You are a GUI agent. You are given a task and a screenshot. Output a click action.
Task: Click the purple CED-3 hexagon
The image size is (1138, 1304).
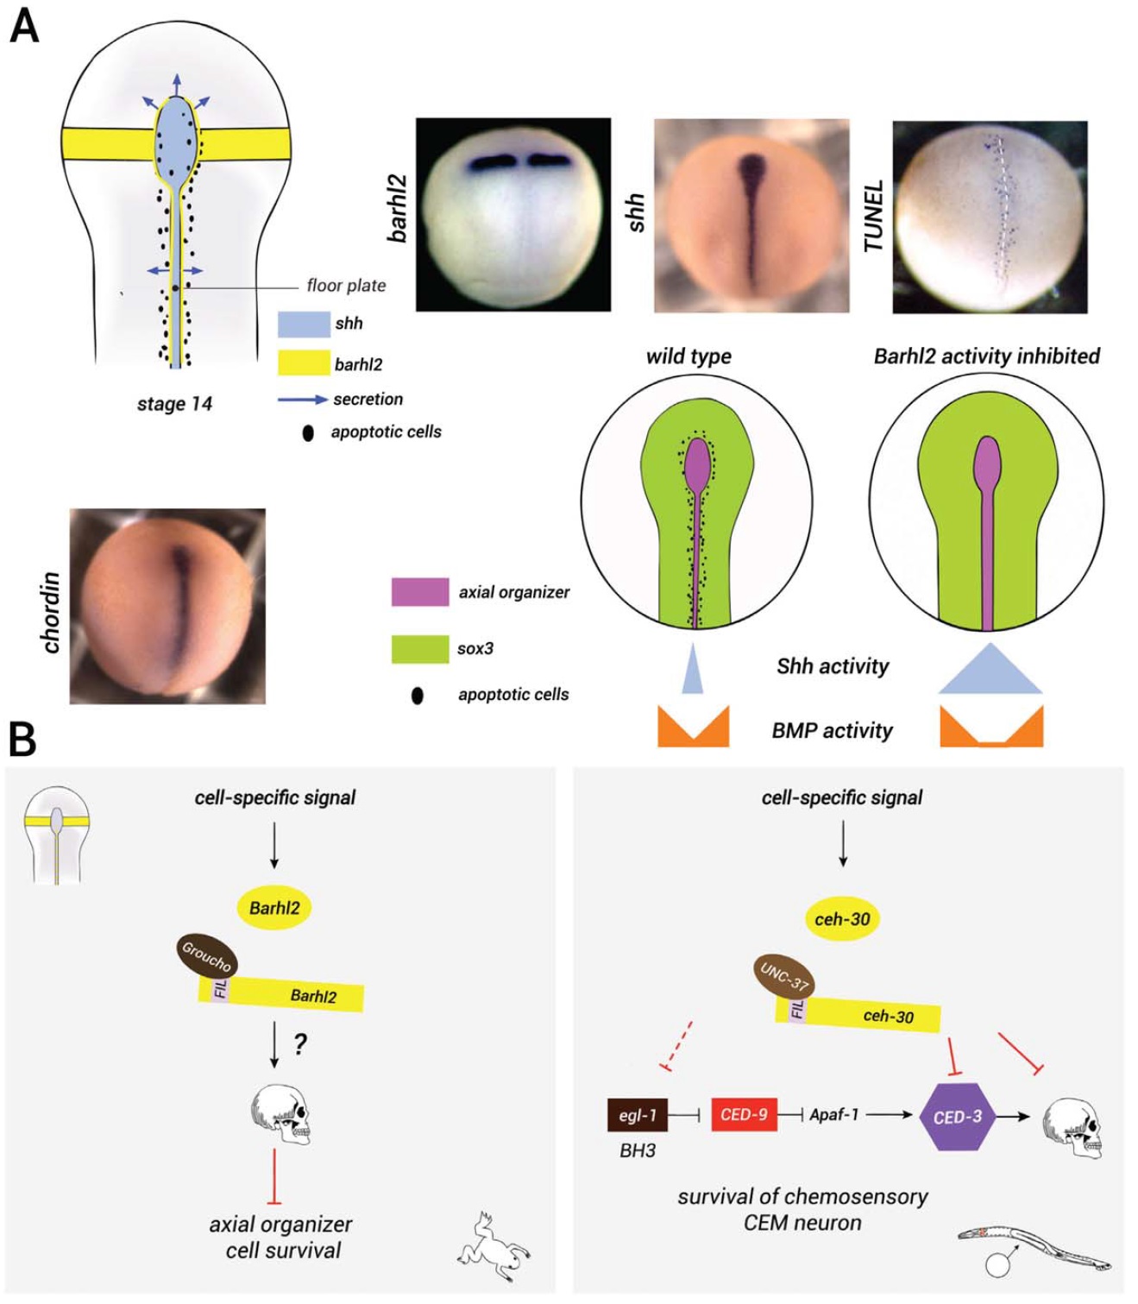[957, 1116]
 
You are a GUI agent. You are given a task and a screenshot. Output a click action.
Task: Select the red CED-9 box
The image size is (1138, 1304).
[744, 1114]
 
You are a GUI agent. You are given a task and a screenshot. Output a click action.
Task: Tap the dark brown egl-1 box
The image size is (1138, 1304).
[638, 1115]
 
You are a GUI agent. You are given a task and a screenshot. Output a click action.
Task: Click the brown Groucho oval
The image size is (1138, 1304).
[207, 956]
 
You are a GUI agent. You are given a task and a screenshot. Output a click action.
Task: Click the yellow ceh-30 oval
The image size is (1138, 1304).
[842, 919]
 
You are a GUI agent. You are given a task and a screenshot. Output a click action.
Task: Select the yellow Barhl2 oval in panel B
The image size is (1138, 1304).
[274, 908]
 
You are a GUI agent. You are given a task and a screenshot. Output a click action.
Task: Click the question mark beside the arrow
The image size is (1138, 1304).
[299, 1044]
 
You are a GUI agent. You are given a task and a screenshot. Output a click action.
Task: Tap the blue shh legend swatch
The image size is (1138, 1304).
[304, 324]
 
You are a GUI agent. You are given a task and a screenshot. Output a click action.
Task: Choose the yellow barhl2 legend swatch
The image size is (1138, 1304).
[304, 363]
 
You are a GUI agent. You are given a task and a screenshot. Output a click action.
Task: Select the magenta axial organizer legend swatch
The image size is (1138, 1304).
[419, 592]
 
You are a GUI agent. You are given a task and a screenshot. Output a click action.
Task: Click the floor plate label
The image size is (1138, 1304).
[346, 286]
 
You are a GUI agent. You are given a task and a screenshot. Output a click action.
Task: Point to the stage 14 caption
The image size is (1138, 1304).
[174, 404]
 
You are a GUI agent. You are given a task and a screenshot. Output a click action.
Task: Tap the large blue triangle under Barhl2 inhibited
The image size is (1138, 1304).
[990, 671]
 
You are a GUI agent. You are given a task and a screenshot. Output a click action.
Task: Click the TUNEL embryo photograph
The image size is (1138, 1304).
[990, 217]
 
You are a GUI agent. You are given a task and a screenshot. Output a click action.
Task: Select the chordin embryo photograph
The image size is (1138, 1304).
[167, 606]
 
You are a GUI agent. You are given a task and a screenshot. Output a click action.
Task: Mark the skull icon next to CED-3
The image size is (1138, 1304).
[1072, 1126]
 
